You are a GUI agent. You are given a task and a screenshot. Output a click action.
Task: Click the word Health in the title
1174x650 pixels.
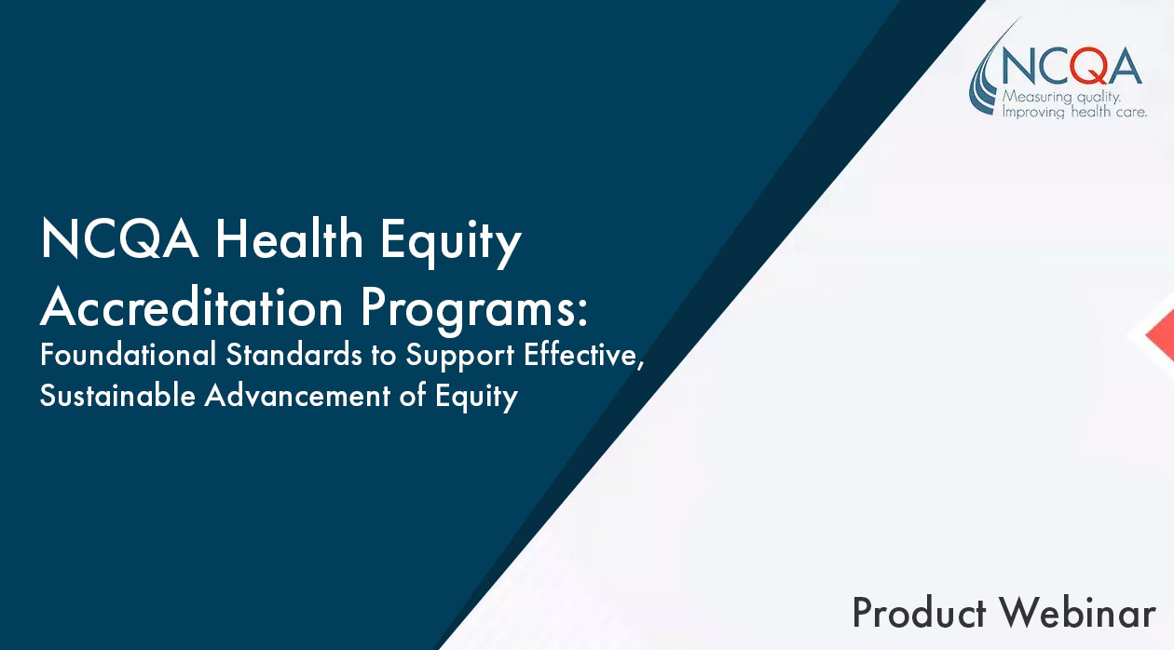[x=289, y=238]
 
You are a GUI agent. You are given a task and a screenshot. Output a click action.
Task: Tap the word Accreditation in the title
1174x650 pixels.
[x=192, y=308]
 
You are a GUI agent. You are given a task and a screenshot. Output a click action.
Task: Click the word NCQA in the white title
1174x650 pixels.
[x=119, y=238]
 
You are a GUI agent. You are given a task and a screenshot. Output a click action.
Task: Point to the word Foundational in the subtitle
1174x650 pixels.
[x=129, y=354]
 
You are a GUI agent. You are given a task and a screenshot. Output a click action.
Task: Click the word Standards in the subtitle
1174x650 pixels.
[x=294, y=354]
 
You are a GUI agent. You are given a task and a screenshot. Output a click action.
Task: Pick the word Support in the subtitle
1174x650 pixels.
[x=460, y=357]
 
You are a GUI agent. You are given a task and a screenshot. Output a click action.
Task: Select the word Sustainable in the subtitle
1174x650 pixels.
[x=118, y=395]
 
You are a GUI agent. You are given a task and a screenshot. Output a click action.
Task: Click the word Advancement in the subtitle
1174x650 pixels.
[x=298, y=395]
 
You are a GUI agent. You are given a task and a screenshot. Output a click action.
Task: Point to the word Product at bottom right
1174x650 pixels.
[x=920, y=613]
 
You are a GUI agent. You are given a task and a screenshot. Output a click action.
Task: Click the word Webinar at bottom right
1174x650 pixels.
[x=1077, y=613]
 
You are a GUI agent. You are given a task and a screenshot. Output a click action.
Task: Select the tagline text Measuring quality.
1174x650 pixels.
[x=1061, y=98]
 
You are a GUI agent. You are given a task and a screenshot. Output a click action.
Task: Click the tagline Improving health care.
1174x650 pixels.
[x=1074, y=112]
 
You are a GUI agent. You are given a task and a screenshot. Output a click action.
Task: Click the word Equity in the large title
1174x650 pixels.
[x=451, y=242]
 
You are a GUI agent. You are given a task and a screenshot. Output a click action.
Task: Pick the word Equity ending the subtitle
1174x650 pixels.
[x=476, y=397]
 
